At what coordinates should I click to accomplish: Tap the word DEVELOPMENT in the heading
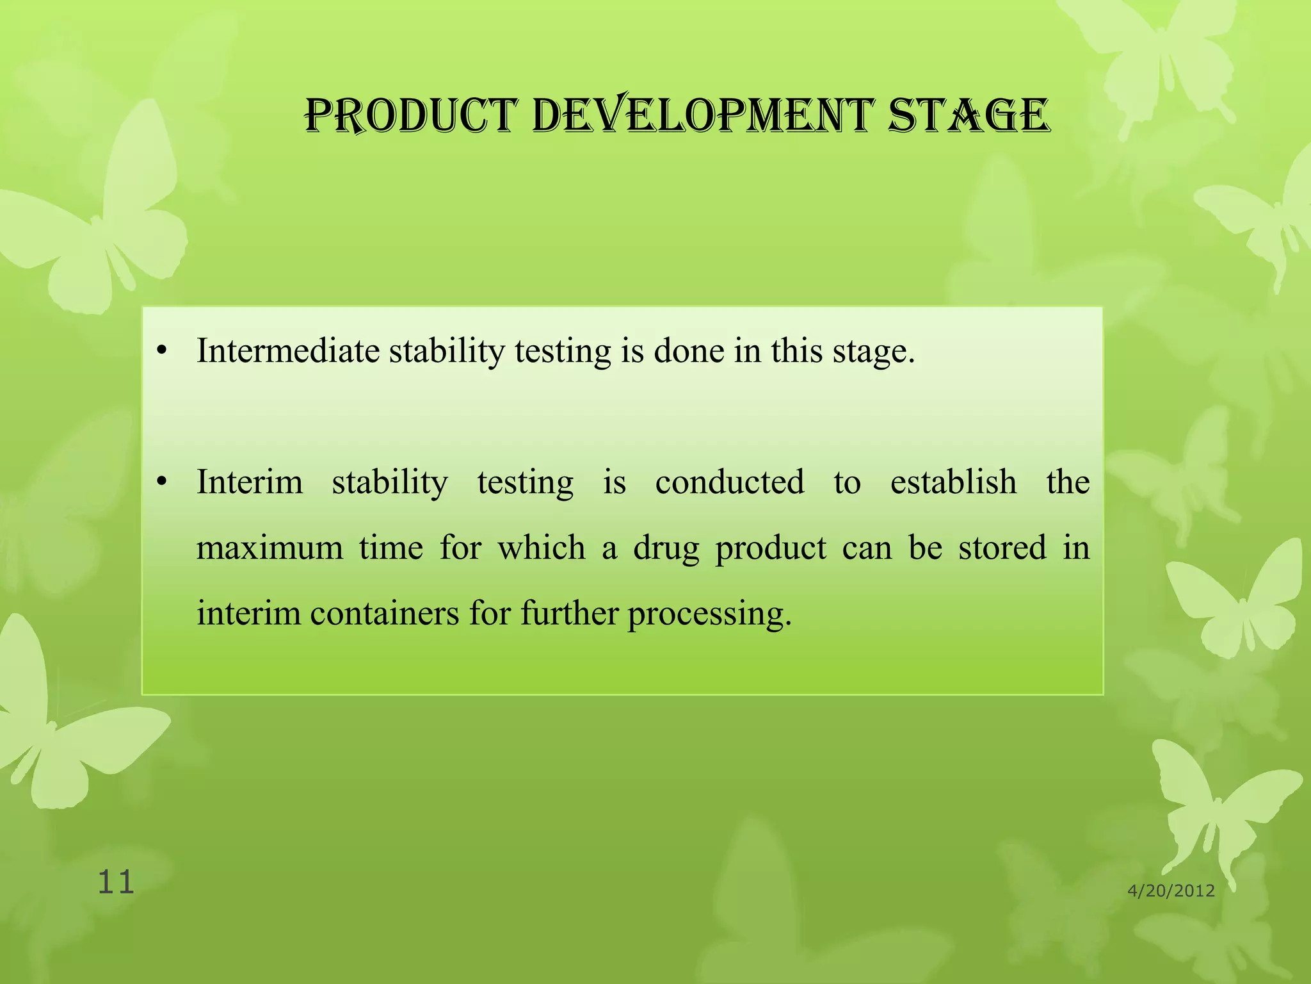(702, 117)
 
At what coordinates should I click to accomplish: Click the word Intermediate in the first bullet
(288, 351)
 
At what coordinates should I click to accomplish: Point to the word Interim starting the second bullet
(250, 482)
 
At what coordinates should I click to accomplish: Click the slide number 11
(116, 882)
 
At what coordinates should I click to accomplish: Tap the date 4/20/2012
(1171, 890)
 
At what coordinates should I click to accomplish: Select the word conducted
(730, 482)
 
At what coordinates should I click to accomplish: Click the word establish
(953, 482)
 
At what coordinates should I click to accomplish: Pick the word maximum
(269, 548)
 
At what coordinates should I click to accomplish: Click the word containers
(385, 613)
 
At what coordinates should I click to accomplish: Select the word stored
(1002, 548)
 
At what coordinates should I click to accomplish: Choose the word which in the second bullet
(542, 548)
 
